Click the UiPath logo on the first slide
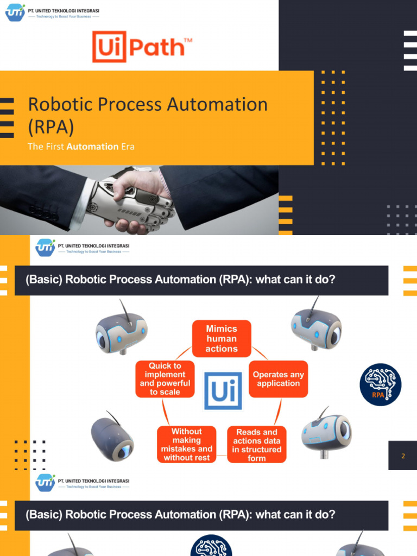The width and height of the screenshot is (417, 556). (142, 47)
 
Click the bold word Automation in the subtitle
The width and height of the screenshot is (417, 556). (92, 146)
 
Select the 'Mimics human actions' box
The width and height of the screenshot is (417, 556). (222, 339)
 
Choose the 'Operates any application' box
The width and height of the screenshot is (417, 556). (278, 379)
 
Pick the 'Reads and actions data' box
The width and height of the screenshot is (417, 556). (257, 445)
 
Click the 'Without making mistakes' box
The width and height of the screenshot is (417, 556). (186, 445)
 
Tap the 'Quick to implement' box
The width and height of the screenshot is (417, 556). (165, 379)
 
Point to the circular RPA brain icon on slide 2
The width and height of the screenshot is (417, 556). (380, 384)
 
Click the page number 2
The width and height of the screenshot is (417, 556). (403, 456)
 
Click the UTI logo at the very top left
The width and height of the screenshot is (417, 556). (15, 12)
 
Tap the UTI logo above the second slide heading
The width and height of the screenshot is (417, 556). (45, 248)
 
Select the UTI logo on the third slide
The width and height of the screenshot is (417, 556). (45, 482)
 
